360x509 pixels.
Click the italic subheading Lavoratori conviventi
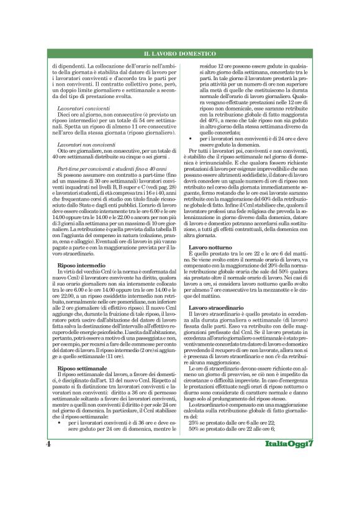pyautogui.click(x=84, y=108)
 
